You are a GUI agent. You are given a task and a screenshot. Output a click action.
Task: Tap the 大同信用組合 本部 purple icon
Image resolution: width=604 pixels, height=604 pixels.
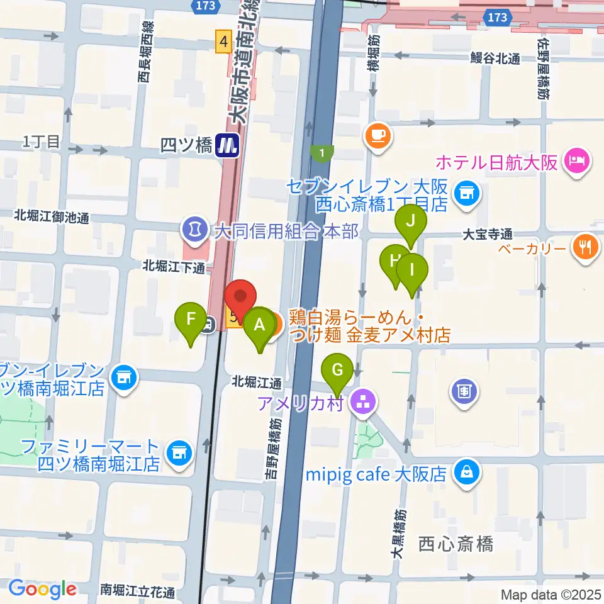(193, 228)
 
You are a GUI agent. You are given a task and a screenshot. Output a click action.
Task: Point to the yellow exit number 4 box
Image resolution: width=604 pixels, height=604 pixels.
(223, 42)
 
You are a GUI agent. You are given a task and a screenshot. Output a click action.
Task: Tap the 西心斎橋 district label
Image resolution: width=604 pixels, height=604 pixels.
(456, 544)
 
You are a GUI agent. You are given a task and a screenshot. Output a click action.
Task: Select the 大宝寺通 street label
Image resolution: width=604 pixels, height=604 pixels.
(489, 233)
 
